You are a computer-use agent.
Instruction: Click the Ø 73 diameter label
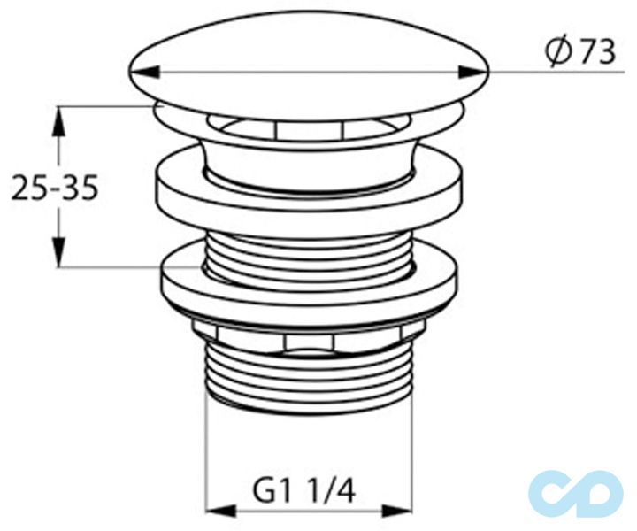click(x=579, y=52)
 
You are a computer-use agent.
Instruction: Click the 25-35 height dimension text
click(x=55, y=188)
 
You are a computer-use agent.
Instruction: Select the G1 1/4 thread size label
click(x=303, y=490)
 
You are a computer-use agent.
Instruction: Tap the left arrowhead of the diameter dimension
click(x=144, y=73)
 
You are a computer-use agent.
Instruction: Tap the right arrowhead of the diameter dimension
click(x=473, y=73)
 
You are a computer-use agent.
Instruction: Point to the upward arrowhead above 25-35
click(x=59, y=120)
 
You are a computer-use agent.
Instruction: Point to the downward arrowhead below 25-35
click(x=59, y=253)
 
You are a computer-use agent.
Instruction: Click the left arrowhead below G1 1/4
click(x=222, y=512)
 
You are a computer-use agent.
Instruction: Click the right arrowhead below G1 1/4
click(x=398, y=512)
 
